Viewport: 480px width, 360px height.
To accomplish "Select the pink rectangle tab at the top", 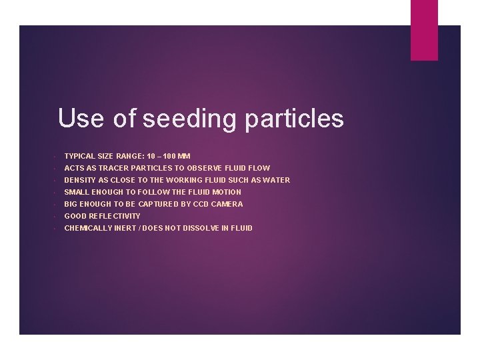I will pos(424,30).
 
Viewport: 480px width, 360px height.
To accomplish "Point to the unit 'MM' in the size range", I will pos(184,156).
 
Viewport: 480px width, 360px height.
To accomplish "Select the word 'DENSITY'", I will pos(79,180).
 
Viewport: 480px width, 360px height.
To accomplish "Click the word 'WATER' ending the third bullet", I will pos(277,180).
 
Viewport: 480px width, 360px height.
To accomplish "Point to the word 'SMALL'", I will pos(76,192).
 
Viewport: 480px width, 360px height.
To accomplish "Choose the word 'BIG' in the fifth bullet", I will pos(71,204).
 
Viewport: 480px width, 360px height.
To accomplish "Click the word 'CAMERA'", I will pos(227,204).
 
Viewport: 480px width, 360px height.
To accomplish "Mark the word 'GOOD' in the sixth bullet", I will pos(75,216).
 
